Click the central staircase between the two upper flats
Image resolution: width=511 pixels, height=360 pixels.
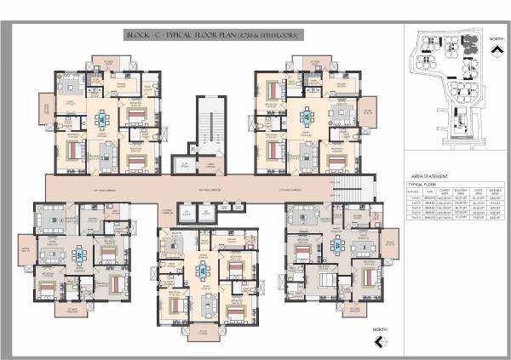coord(209,128)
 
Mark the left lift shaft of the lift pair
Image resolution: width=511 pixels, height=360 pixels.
coord(185,213)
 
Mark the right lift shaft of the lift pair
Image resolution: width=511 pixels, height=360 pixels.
coord(206,213)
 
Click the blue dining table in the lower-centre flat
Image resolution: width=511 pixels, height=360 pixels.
coord(204,271)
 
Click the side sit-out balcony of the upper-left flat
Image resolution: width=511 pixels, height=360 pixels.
coord(45,108)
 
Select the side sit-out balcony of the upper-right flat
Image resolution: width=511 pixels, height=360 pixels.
coord(369,117)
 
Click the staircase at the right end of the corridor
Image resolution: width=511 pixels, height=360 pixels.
coord(369,186)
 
